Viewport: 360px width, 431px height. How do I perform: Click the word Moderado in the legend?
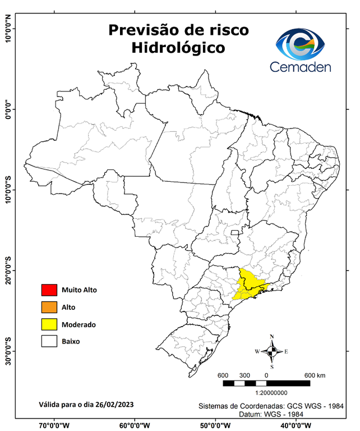click(79, 324)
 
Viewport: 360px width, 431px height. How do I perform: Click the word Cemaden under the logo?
click(300, 67)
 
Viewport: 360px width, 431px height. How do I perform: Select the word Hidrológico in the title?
click(178, 48)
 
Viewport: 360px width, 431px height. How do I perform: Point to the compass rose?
click(271, 351)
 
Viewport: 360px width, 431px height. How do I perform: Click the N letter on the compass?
click(271, 337)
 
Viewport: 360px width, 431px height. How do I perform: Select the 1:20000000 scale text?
click(271, 393)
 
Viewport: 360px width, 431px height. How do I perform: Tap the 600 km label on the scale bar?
click(315, 375)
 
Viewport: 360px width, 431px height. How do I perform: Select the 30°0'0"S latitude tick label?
click(8, 351)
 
